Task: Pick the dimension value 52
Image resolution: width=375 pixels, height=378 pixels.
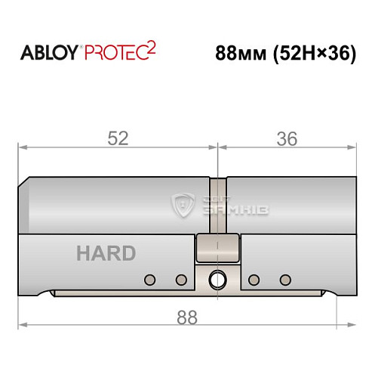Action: tap(118, 138)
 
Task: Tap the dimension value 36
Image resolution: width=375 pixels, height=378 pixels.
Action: tap(287, 138)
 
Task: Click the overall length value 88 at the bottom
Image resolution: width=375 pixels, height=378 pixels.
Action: tap(185, 318)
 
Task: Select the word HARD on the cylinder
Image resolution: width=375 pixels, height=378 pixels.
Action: tap(105, 253)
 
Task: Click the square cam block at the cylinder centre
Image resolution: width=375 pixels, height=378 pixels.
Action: tap(217, 246)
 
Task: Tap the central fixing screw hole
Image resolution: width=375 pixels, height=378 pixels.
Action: tap(218, 279)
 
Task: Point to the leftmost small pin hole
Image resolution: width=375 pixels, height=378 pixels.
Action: tap(150, 279)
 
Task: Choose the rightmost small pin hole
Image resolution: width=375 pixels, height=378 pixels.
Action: tap(284, 279)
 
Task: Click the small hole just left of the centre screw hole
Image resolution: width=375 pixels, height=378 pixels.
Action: tap(180, 279)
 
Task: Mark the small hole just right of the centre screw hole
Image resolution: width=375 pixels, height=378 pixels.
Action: tap(254, 279)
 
